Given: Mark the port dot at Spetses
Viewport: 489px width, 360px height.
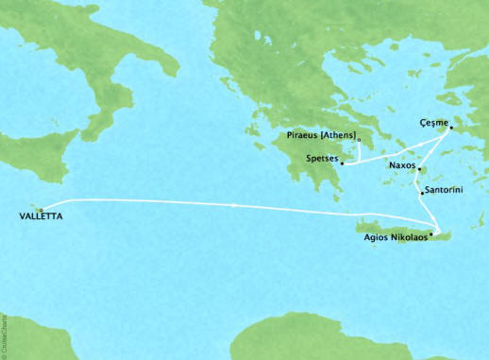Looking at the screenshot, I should [x=343, y=163].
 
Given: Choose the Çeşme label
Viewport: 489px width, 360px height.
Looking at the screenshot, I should [x=431, y=122].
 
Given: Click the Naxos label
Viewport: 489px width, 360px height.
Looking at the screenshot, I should [x=402, y=164].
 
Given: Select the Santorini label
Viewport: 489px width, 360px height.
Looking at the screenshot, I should [x=443, y=190].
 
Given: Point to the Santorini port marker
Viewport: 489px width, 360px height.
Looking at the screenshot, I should [x=421, y=193].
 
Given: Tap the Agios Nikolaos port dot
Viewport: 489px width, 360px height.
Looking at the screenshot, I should [x=432, y=233].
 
